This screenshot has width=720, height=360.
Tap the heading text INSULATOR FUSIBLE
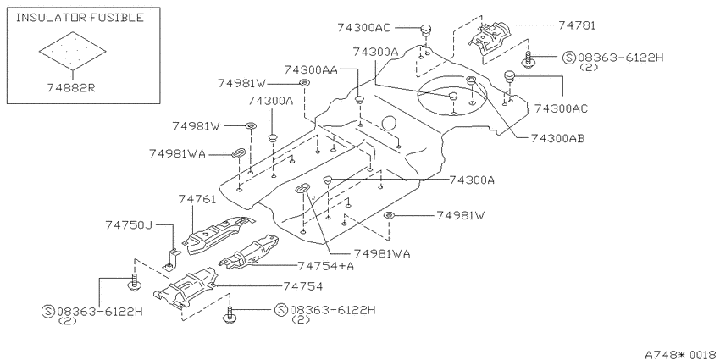pos(80,18)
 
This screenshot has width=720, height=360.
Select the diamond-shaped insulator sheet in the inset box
pos(73,50)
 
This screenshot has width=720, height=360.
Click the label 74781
pos(577,25)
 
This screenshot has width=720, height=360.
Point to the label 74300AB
pos(557,138)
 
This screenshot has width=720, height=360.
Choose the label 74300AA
pos(311,69)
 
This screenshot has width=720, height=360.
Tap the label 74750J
pos(128,225)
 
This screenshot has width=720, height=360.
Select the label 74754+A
pos(325,266)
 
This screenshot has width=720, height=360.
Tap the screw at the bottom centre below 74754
pos(230,315)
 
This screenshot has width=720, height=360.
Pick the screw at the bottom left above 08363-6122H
pos(134,282)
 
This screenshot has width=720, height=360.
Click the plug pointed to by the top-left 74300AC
pos(427,31)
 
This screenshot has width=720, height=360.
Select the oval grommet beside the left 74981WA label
pos(239,154)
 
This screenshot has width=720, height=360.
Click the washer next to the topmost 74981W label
pos(304,83)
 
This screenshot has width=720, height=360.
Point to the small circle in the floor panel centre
pos(389,123)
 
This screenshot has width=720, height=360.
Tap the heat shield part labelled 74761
pos(217,234)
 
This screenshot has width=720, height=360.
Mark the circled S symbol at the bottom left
pos(48,312)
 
